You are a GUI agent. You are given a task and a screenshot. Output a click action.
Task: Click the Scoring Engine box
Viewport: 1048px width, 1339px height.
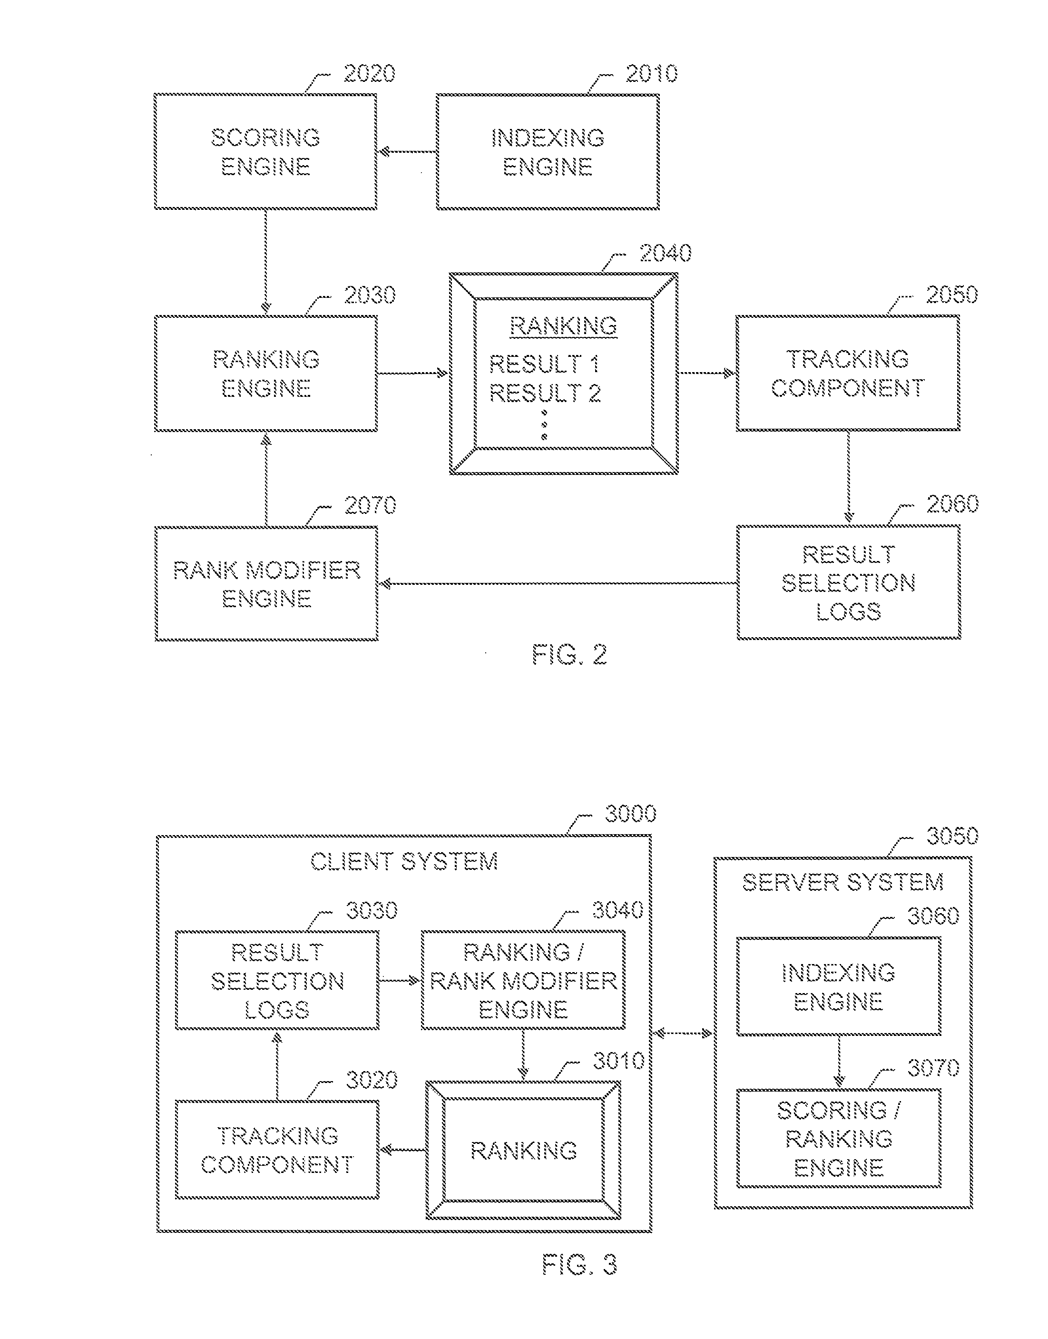(x=265, y=152)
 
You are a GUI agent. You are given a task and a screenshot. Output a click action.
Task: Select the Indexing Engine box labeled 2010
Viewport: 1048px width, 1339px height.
(x=548, y=152)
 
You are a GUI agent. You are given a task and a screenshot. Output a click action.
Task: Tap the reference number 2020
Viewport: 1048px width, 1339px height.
(x=369, y=74)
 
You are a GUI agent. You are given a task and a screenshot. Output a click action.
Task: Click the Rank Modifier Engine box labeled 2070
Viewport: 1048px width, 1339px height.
(x=266, y=583)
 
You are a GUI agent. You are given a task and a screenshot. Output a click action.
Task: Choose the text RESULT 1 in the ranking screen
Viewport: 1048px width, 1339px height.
(x=544, y=364)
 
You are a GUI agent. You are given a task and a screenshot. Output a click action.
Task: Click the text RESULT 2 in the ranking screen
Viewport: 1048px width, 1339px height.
(x=544, y=393)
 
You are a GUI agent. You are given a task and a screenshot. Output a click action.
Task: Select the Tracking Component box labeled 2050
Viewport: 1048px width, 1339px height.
(x=848, y=373)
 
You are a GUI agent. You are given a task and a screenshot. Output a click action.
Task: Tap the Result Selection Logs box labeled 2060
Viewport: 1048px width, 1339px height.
(x=849, y=582)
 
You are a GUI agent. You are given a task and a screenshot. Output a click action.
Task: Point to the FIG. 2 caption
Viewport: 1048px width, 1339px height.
(x=569, y=655)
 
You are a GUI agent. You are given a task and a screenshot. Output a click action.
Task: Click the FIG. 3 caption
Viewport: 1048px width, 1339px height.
(x=579, y=1265)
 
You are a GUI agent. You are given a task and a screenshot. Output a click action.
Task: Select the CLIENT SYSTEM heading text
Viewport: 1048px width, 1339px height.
(x=404, y=862)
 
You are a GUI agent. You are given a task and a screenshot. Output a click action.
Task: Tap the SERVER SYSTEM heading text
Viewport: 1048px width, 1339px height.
(x=843, y=883)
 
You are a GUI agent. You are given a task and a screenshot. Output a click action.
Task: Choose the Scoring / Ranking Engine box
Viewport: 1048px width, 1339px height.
(x=839, y=1138)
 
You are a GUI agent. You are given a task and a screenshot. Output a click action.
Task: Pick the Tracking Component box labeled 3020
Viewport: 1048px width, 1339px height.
(x=277, y=1150)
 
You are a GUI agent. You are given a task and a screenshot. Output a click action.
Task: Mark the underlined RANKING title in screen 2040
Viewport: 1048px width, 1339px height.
(x=563, y=326)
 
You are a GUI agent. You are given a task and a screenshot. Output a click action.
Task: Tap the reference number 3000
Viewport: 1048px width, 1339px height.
(x=631, y=814)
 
